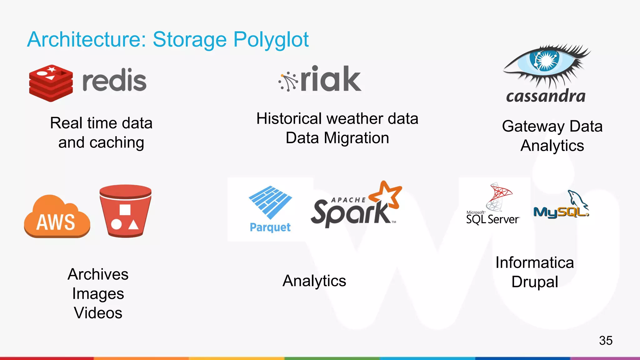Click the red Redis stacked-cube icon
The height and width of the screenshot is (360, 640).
(51, 83)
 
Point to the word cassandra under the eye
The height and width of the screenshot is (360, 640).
(546, 96)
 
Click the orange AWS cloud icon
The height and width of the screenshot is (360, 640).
(57, 217)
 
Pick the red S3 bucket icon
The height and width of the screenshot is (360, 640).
(125, 211)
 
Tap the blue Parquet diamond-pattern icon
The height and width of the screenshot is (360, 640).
(270, 202)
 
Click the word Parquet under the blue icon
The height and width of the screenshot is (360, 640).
(270, 227)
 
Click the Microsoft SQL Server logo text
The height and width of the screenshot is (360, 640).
(492, 218)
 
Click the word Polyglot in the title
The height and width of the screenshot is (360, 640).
(271, 40)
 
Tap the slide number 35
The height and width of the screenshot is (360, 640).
(606, 340)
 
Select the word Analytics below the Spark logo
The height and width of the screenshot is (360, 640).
(314, 281)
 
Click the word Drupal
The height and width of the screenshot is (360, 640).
(535, 282)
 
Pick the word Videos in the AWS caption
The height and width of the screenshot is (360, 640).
(98, 313)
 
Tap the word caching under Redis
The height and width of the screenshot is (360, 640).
(117, 143)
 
